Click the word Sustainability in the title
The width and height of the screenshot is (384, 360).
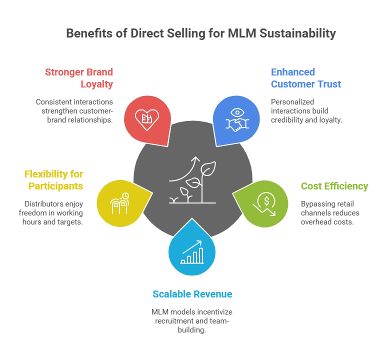coord(297,33)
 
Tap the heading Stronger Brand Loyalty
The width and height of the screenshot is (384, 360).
coord(79,78)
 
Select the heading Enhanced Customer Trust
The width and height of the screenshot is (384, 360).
coord(306,78)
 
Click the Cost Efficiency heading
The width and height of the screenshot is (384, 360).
coord(334,186)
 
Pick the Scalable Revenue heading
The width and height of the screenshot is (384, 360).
coord(192,294)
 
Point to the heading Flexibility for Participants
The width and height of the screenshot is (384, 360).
coord(53,180)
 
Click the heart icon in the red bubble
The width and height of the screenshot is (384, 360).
coord(147,119)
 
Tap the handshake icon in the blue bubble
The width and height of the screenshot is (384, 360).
coord(237,124)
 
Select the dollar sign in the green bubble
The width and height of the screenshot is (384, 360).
coord(266,201)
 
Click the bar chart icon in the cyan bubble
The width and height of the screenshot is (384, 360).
coord(192,252)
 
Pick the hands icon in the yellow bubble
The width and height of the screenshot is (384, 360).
coord(119,203)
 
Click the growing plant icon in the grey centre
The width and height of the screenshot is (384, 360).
coord(192,180)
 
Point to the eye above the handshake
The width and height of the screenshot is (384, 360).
coord(237,112)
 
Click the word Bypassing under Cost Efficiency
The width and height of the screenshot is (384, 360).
coord(315,204)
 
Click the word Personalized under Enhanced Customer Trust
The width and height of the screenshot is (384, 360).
coord(292,102)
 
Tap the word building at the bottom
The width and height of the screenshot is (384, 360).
coord(191,330)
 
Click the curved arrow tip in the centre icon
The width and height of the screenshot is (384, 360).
coord(196,156)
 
